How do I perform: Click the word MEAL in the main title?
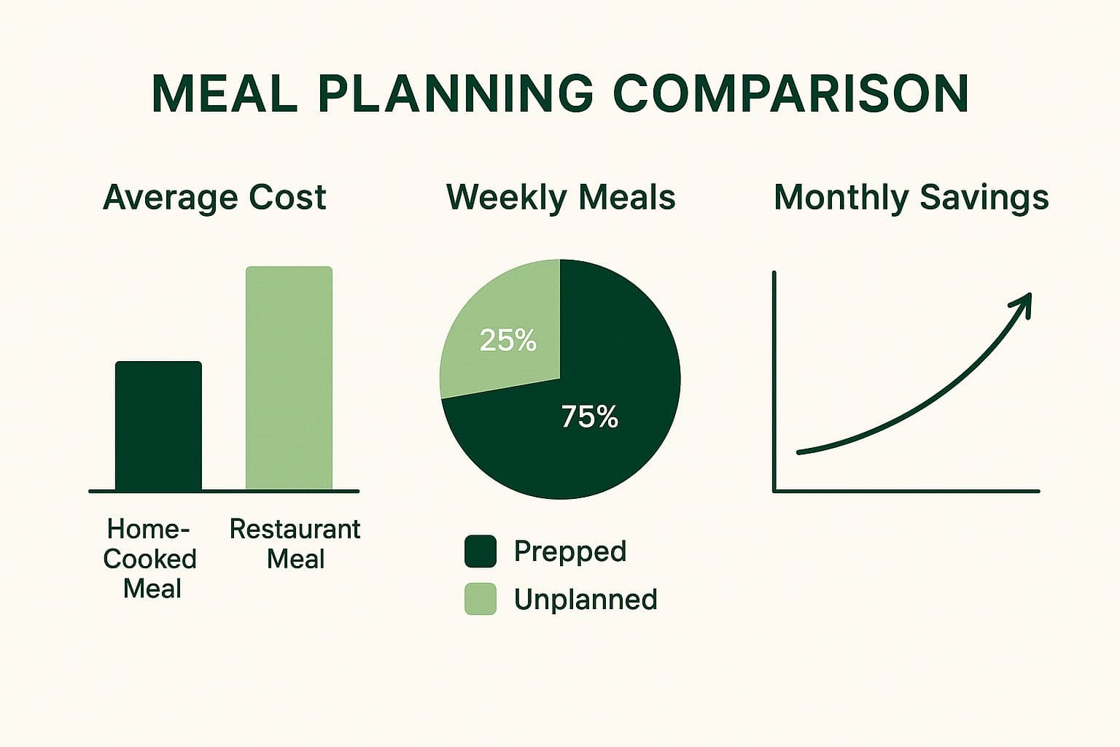pos(225,93)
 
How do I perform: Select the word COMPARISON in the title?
pos(790,93)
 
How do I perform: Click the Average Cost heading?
pos(214,197)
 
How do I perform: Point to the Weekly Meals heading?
pos(560,197)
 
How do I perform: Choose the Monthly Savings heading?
pos(911,197)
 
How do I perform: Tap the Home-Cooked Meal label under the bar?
pos(149,559)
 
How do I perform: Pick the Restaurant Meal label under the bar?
pos(295,543)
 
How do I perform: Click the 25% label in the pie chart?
pos(508,341)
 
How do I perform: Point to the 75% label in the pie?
pos(589,417)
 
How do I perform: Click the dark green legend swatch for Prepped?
pos(481,551)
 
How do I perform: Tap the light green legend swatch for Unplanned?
pos(481,599)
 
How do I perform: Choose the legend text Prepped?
pos(569,551)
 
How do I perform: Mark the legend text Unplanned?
pos(585,599)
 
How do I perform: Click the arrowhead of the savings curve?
pos(1024,301)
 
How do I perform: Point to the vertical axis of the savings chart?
pos(774,379)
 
